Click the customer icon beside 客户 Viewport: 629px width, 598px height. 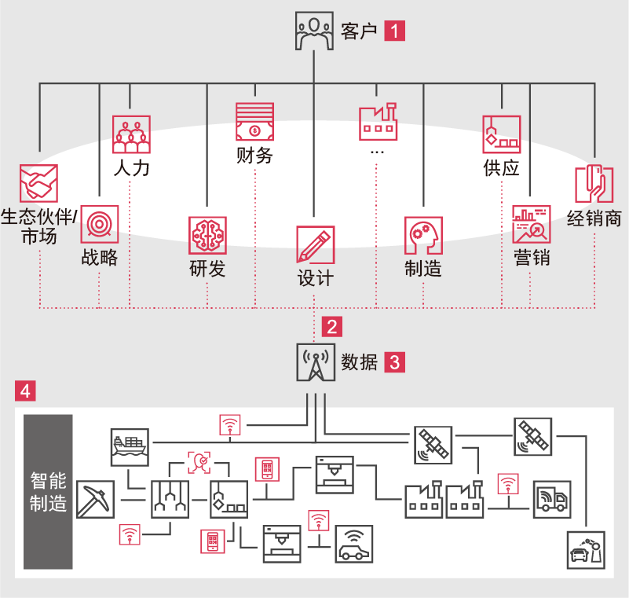[x=314, y=31]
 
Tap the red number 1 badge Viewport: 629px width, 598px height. [x=395, y=31]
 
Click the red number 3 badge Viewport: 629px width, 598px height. [x=395, y=362]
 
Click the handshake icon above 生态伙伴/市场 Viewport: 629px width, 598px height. [x=38, y=182]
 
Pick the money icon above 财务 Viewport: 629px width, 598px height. [x=255, y=122]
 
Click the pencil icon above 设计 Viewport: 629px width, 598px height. [x=315, y=245]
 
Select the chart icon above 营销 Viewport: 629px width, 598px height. [x=531, y=225]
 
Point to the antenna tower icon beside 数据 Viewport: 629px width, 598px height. [x=315, y=362]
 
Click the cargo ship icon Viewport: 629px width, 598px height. [x=130, y=446]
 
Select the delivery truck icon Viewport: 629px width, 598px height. [x=553, y=499]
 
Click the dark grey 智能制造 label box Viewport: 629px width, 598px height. [x=48, y=492]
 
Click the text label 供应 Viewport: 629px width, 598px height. [x=502, y=168]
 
